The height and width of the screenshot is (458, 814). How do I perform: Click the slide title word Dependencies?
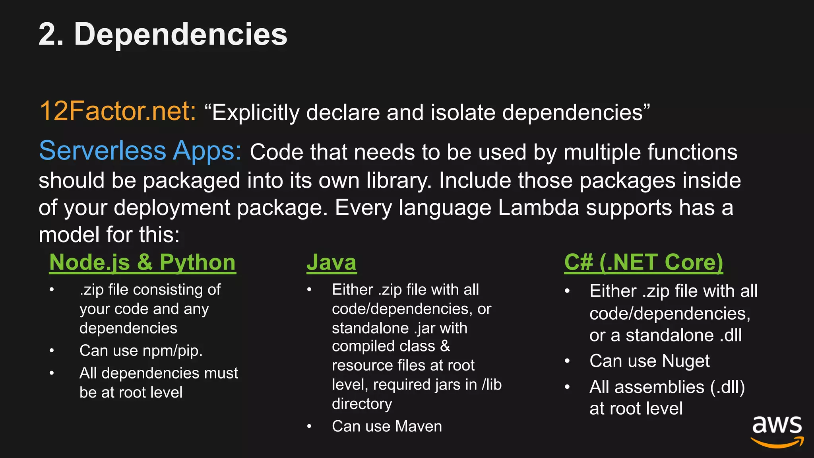tap(180, 35)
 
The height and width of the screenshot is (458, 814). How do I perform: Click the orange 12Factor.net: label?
tap(118, 111)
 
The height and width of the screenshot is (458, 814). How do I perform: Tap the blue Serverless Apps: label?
tap(140, 151)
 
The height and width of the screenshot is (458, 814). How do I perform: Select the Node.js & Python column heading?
tap(142, 262)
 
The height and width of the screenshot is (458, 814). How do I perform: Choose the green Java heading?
tap(331, 262)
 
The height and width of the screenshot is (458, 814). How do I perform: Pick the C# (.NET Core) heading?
tap(643, 262)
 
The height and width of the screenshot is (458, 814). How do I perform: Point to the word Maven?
tap(419, 426)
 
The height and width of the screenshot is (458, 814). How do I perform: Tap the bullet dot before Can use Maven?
tap(309, 427)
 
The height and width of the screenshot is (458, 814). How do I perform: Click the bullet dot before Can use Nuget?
tap(567, 361)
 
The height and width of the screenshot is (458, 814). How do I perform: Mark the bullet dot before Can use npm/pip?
tap(52, 351)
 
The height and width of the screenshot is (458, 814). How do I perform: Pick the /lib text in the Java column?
tap(492, 384)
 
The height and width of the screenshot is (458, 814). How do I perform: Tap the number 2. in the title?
tap(51, 35)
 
